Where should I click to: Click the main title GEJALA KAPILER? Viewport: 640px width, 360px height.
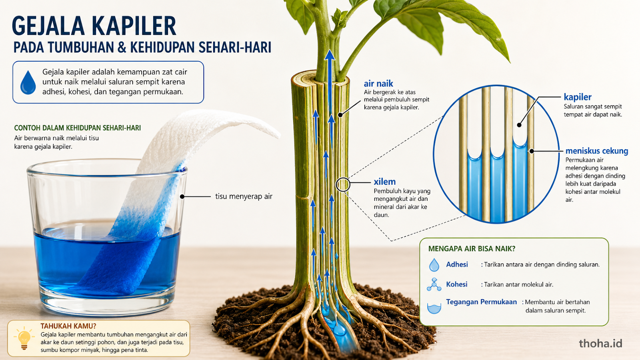pyautogui.click(x=94, y=26)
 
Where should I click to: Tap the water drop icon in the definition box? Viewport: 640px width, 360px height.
pyautogui.click(x=28, y=82)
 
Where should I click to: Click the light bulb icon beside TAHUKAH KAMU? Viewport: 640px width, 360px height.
pyautogui.click(x=24, y=338)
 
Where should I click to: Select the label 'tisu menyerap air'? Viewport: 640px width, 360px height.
pyautogui.click(x=244, y=196)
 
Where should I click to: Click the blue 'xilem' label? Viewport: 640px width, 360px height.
pyautogui.click(x=384, y=182)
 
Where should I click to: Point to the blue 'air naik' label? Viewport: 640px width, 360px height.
pyautogui.click(x=378, y=84)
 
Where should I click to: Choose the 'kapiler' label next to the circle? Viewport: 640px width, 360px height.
pyautogui.click(x=578, y=97)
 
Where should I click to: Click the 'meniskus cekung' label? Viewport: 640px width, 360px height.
pyautogui.click(x=597, y=151)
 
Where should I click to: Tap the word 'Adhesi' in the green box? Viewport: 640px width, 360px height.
pyautogui.click(x=457, y=264)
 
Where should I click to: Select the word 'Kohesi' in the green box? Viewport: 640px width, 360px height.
pyautogui.click(x=456, y=284)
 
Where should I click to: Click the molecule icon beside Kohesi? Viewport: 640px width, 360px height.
pyautogui.click(x=434, y=284)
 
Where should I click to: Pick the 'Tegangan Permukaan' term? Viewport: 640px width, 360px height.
pyautogui.click(x=482, y=302)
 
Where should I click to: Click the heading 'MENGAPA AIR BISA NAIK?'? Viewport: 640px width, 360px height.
pyautogui.click(x=472, y=248)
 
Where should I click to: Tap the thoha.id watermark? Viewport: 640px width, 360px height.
pyautogui.click(x=600, y=343)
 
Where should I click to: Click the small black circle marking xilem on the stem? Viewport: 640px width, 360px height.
pyautogui.click(x=343, y=184)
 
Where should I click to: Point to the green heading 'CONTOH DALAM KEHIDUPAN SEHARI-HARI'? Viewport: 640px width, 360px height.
pyautogui.click(x=78, y=128)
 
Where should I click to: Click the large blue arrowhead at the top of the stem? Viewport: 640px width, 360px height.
pyautogui.click(x=330, y=55)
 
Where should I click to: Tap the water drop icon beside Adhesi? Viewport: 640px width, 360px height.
pyautogui.click(x=434, y=265)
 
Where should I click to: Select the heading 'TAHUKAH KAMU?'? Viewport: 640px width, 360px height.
pyautogui.click(x=68, y=326)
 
